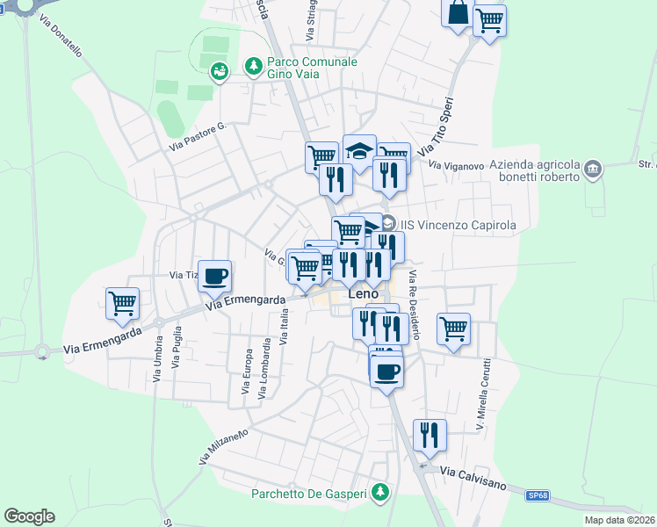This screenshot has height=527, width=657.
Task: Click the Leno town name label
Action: coord(369,295)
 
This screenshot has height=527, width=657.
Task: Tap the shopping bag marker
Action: coord(458,14)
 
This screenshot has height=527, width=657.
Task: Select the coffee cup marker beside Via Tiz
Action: coord(215,277)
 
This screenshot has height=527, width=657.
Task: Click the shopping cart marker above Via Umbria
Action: coord(123,304)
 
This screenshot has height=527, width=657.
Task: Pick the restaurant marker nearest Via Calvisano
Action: coord(430,436)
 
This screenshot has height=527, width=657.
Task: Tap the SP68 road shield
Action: coord(537,496)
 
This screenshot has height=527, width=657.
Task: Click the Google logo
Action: coord(29,516)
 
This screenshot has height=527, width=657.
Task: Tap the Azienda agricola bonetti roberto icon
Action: coord(593,168)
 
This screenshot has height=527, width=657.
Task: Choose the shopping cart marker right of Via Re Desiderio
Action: coord(453,329)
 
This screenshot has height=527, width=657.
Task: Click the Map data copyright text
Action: coord(620,520)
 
